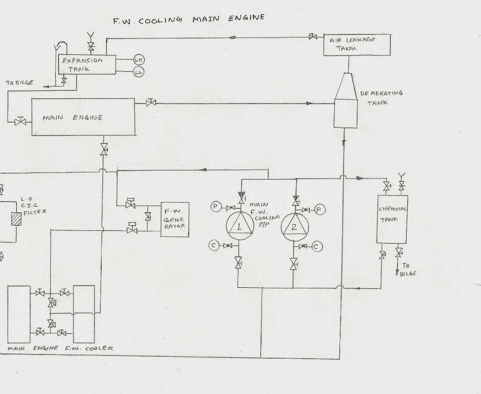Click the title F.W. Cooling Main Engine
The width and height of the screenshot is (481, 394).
(189, 19)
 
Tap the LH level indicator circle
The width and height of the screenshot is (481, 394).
(138, 59)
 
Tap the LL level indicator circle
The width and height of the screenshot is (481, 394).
(138, 72)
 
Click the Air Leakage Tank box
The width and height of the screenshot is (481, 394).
(357, 45)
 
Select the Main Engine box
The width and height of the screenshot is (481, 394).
(83, 117)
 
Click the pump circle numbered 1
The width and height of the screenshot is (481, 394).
(239, 226)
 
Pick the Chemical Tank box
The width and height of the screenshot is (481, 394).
(392, 219)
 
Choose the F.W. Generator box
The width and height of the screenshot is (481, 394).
(174, 219)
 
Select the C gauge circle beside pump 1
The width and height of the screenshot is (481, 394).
(213, 246)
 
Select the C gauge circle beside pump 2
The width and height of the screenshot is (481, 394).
(317, 247)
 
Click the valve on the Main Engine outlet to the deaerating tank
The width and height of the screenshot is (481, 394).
(151, 103)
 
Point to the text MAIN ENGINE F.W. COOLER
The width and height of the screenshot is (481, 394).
(61, 348)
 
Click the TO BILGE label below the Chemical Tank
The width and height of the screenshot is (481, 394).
(409, 270)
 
